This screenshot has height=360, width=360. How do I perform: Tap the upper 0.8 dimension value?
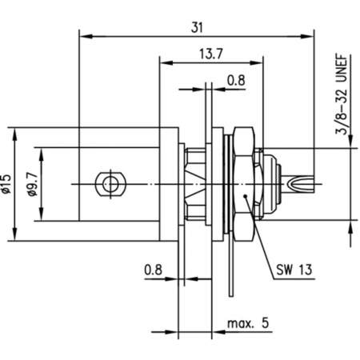click(x=236, y=80)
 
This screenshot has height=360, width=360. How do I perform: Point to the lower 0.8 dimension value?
click(x=155, y=270)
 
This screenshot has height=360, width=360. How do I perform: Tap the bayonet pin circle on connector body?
click(x=106, y=183)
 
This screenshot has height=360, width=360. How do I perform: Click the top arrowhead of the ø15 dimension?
click(x=15, y=130)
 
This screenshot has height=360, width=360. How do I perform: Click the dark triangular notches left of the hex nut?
click(x=194, y=184)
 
